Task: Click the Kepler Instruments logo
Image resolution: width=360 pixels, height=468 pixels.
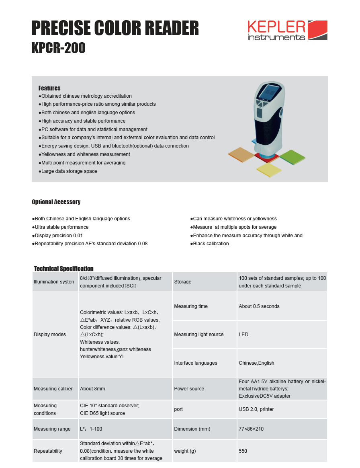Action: [x=287, y=31]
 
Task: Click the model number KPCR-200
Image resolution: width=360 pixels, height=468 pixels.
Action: [x=59, y=48]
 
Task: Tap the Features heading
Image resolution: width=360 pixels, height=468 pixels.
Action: [x=49, y=88]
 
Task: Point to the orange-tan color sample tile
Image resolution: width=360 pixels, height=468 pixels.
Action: [x=241, y=154]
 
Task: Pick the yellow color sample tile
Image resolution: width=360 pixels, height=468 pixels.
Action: [x=269, y=170]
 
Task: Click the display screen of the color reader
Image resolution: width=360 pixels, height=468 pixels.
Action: [x=268, y=94]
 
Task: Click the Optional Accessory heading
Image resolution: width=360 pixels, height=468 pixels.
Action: [x=56, y=202]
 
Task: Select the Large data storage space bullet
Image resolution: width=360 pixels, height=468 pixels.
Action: [x=68, y=171]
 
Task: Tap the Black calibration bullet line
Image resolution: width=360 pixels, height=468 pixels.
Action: [x=210, y=244]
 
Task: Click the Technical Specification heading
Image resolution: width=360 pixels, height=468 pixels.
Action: [x=63, y=269]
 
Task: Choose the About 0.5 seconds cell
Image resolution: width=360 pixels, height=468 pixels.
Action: [x=259, y=306]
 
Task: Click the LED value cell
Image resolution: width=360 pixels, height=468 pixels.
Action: [x=243, y=335]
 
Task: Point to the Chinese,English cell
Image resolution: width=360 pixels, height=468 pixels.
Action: [x=256, y=363]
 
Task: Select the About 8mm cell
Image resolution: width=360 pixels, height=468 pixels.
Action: [x=92, y=389]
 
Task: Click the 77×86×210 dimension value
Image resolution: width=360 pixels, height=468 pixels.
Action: [x=251, y=429]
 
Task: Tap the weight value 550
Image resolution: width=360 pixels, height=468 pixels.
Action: [x=243, y=451]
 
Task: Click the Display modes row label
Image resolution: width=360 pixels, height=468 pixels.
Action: [x=50, y=335]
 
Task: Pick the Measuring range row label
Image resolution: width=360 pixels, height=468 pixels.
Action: [x=52, y=429]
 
